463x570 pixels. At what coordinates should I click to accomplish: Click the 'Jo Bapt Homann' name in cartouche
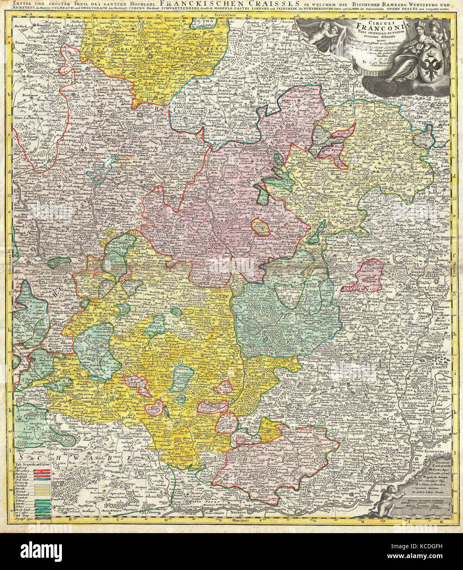click(386, 62)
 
